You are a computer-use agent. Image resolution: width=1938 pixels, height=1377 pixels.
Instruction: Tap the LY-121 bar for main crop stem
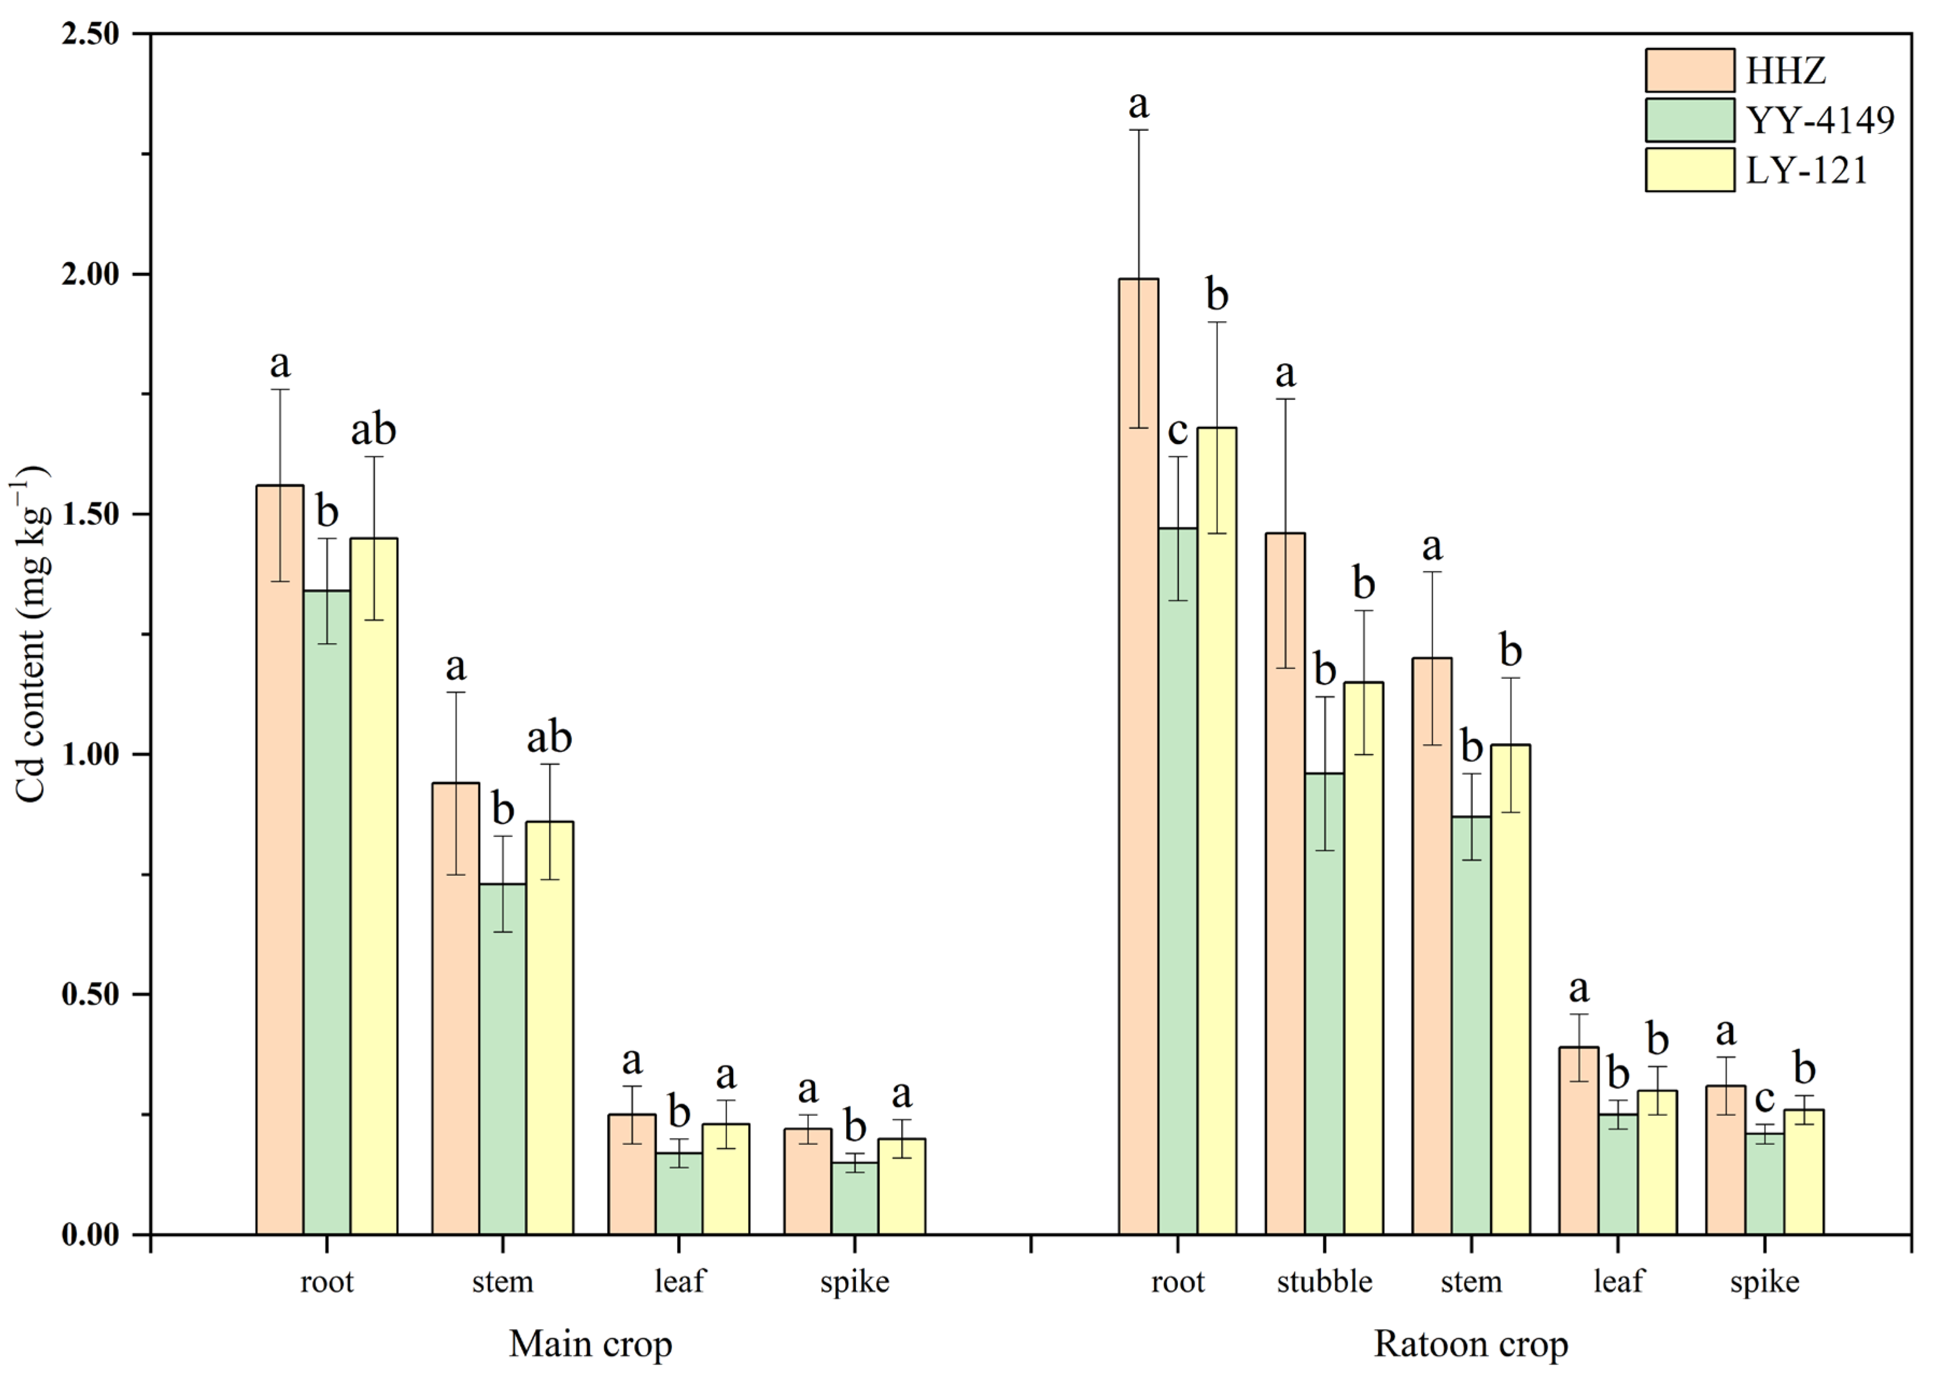tap(549, 1027)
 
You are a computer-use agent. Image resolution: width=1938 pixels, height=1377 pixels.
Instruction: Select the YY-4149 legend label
tap(1820, 121)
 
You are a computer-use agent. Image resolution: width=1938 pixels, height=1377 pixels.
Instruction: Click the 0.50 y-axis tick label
tap(90, 994)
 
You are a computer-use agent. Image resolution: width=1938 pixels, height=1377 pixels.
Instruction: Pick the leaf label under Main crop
tap(679, 1281)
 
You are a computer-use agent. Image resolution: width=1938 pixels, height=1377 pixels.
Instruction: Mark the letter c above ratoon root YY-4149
tap(1177, 430)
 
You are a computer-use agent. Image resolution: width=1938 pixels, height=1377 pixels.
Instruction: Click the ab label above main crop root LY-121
tap(373, 430)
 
